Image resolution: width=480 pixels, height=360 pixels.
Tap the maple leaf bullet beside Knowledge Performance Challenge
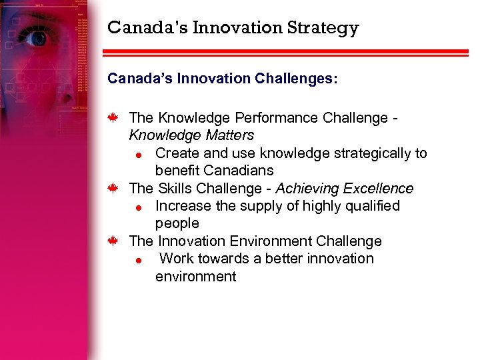114,118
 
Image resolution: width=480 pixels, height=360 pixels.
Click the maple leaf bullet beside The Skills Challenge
114,189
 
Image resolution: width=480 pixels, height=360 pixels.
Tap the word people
177,223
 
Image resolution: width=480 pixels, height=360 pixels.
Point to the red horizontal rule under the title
287,52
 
